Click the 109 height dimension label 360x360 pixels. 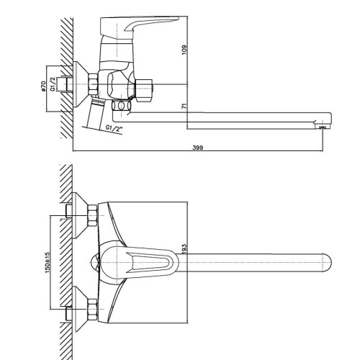184,50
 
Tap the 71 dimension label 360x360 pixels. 184,107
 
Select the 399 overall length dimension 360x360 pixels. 198,148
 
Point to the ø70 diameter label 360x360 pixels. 43,86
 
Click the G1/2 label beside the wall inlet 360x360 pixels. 53,84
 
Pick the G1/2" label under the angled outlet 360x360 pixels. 114,129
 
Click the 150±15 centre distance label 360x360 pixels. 48,262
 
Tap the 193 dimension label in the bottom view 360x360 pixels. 184,249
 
